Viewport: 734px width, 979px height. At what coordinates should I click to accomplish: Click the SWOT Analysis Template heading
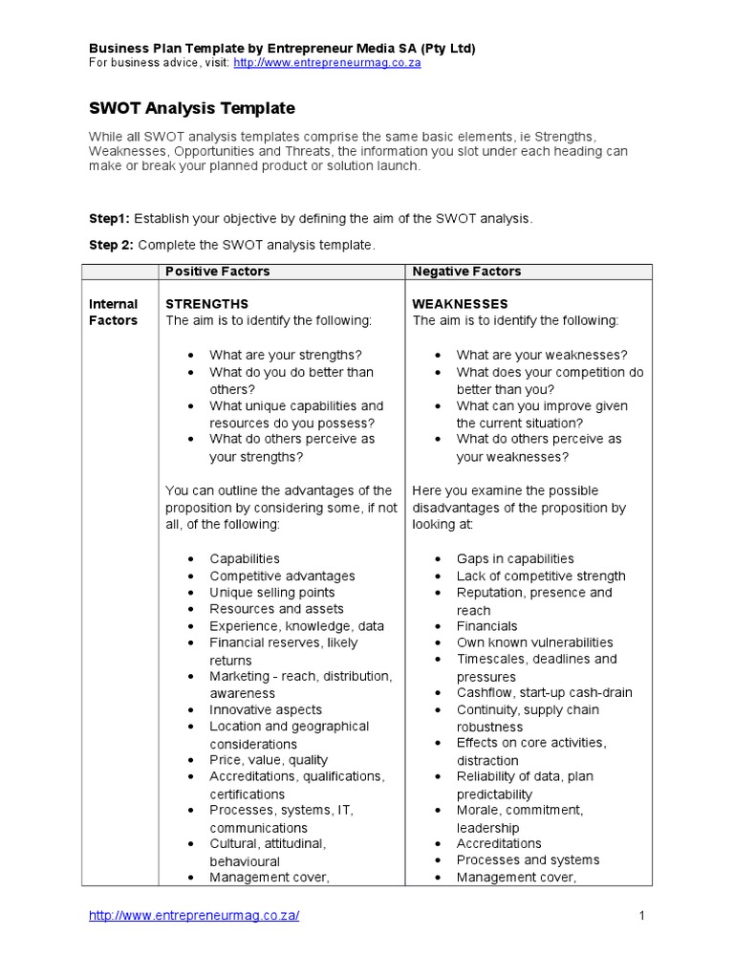[x=192, y=108]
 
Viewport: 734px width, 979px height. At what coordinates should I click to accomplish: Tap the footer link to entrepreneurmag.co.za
[x=194, y=916]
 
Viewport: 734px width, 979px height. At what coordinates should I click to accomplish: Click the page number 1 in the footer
[x=642, y=916]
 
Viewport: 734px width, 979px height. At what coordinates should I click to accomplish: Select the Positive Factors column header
[x=218, y=272]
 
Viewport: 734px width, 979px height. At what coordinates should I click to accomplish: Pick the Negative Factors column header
[x=466, y=272]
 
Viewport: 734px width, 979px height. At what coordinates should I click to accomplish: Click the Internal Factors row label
[x=114, y=313]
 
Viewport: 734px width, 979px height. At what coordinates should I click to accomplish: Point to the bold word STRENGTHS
[x=207, y=304]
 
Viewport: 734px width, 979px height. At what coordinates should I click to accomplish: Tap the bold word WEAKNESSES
[x=460, y=304]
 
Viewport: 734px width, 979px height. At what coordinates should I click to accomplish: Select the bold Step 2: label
[x=112, y=246]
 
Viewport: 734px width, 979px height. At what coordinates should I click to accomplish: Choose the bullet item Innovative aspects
[x=266, y=709]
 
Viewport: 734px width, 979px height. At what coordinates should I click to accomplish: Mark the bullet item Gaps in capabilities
[x=515, y=558]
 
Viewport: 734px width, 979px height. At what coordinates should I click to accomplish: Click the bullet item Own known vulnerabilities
[x=534, y=642]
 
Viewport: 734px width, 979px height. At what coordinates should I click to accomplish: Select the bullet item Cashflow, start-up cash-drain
[x=544, y=692]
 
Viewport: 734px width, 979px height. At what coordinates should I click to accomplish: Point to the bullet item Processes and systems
[x=528, y=859]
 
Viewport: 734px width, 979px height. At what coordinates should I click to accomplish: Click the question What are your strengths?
[x=286, y=355]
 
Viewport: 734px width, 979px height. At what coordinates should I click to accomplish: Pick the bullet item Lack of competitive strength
[x=541, y=576]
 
